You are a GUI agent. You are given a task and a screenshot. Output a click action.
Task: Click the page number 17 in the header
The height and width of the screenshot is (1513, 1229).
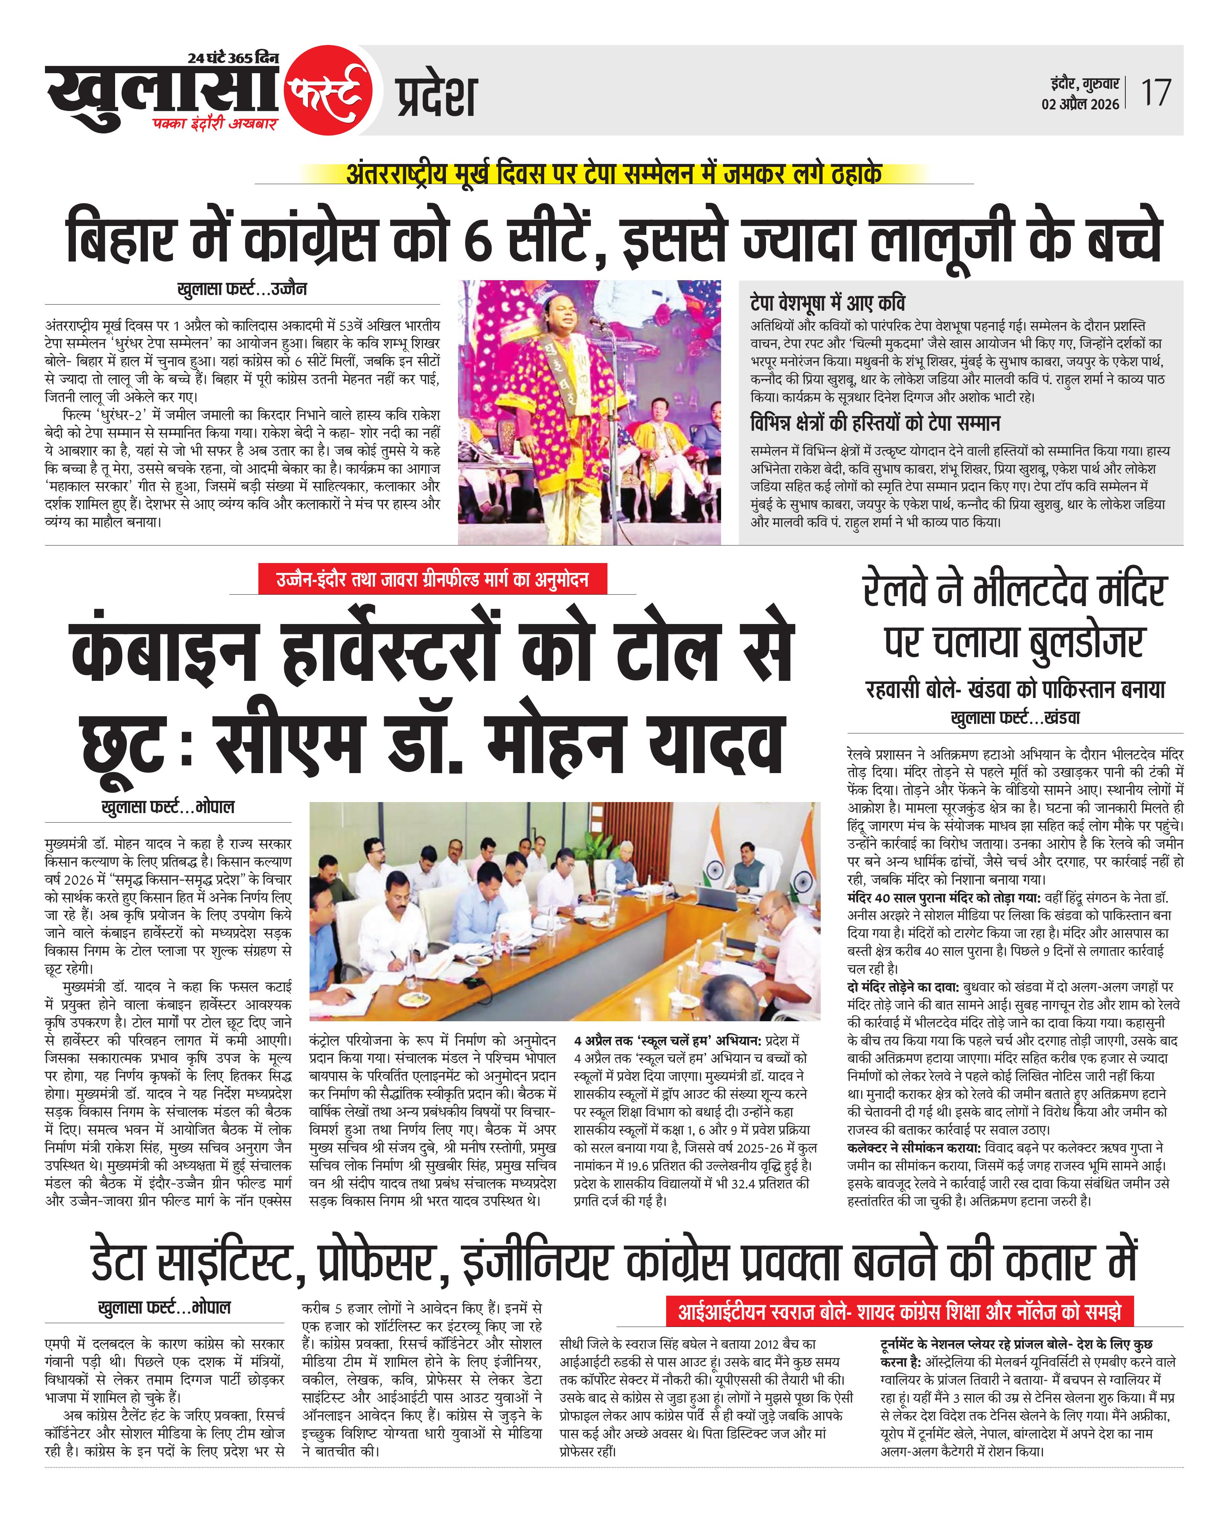point(1155,93)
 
